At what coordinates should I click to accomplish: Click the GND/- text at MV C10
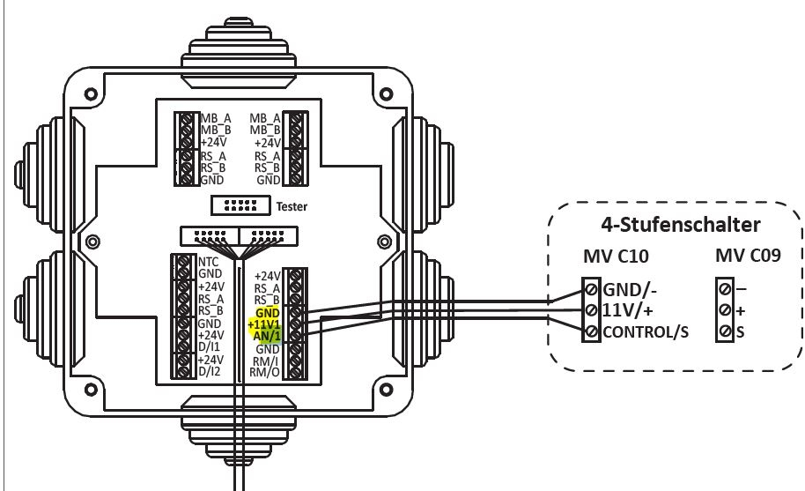coord(631,289)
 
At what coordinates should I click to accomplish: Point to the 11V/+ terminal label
coord(628,310)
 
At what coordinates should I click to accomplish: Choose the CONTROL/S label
coord(646,332)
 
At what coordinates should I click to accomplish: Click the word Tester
coord(292,205)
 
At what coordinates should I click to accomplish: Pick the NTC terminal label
coord(209,262)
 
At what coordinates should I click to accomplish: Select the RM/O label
coord(264,373)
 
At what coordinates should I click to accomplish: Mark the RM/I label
coord(265,361)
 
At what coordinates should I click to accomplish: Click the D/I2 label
coord(210,372)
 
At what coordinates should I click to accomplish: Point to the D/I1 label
coord(210,347)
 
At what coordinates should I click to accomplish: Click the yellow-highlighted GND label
coord(268,313)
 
